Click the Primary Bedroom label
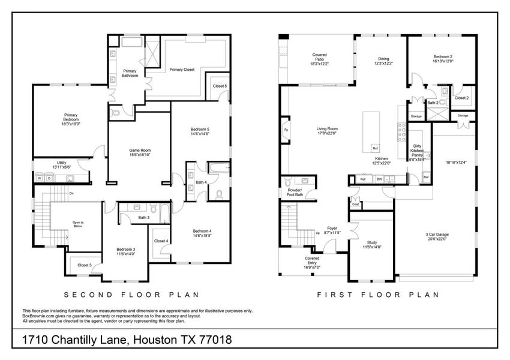71,118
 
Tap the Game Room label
140,152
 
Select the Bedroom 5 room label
200,131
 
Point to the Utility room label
62,164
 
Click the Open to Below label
78,224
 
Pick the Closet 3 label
85,264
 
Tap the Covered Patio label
319,59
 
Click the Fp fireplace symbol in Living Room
286,130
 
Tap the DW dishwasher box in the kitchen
379,179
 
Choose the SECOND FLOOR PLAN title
131,295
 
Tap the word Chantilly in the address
86,340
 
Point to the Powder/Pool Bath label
290,193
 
